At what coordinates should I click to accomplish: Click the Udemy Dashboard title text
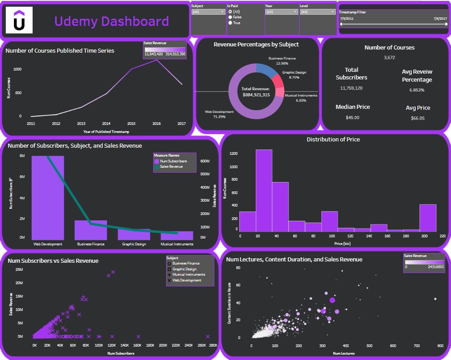pos(112,21)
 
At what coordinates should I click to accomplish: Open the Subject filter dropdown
pos(209,12)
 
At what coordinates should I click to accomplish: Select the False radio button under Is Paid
pos(230,17)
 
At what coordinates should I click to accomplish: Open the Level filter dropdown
pos(317,12)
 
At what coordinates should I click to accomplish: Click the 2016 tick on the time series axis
pos(156,123)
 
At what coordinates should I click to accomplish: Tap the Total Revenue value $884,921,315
pos(256,95)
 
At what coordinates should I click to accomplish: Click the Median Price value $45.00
pos(353,118)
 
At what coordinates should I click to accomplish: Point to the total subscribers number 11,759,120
pos(351,88)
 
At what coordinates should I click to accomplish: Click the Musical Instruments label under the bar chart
pos(177,244)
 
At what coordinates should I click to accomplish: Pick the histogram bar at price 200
pos(428,218)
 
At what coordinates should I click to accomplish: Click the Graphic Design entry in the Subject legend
pos(184,269)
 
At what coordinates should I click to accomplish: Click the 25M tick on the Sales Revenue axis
pos(19,269)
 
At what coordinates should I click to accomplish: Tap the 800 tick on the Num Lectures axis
pos(440,346)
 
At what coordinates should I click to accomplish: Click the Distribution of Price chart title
pos(333,140)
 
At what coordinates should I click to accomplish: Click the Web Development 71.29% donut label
pos(219,114)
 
